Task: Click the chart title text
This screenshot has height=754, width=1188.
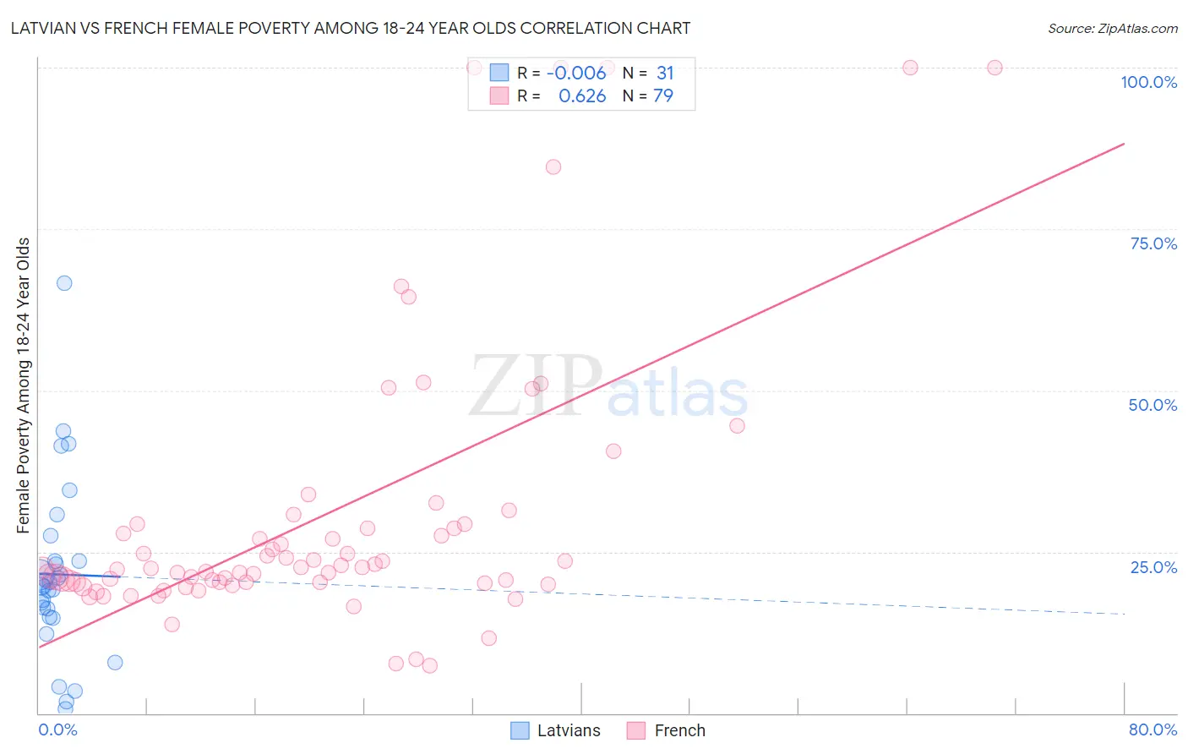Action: click(350, 28)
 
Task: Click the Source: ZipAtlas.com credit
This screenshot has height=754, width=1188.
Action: click(1112, 28)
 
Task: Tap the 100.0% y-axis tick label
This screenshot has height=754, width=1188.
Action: click(1148, 82)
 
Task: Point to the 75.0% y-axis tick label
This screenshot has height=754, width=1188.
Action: click(1153, 243)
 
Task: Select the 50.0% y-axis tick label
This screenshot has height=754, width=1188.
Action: click(1152, 405)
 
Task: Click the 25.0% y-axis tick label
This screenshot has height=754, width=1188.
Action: click(1153, 566)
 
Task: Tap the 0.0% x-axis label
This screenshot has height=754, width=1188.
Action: click(57, 729)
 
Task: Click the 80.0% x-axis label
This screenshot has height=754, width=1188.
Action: click(1152, 729)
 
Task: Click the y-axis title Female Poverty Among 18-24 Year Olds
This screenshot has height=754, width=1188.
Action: click(23, 385)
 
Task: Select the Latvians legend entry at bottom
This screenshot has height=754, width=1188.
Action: click(556, 730)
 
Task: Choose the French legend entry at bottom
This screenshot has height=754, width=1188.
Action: click(667, 730)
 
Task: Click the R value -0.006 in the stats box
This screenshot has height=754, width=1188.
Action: click(576, 74)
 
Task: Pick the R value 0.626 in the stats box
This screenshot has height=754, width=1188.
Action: click(582, 96)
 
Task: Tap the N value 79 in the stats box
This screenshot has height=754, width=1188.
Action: click(663, 96)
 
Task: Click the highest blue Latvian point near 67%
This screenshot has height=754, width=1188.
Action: click(64, 283)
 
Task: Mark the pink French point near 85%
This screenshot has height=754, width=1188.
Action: click(553, 167)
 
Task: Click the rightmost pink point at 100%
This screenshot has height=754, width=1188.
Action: click(995, 68)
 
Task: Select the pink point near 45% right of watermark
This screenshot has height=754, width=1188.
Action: click(737, 426)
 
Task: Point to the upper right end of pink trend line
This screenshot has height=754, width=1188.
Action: click(1124, 144)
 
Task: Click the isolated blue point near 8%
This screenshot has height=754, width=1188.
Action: click(115, 662)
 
